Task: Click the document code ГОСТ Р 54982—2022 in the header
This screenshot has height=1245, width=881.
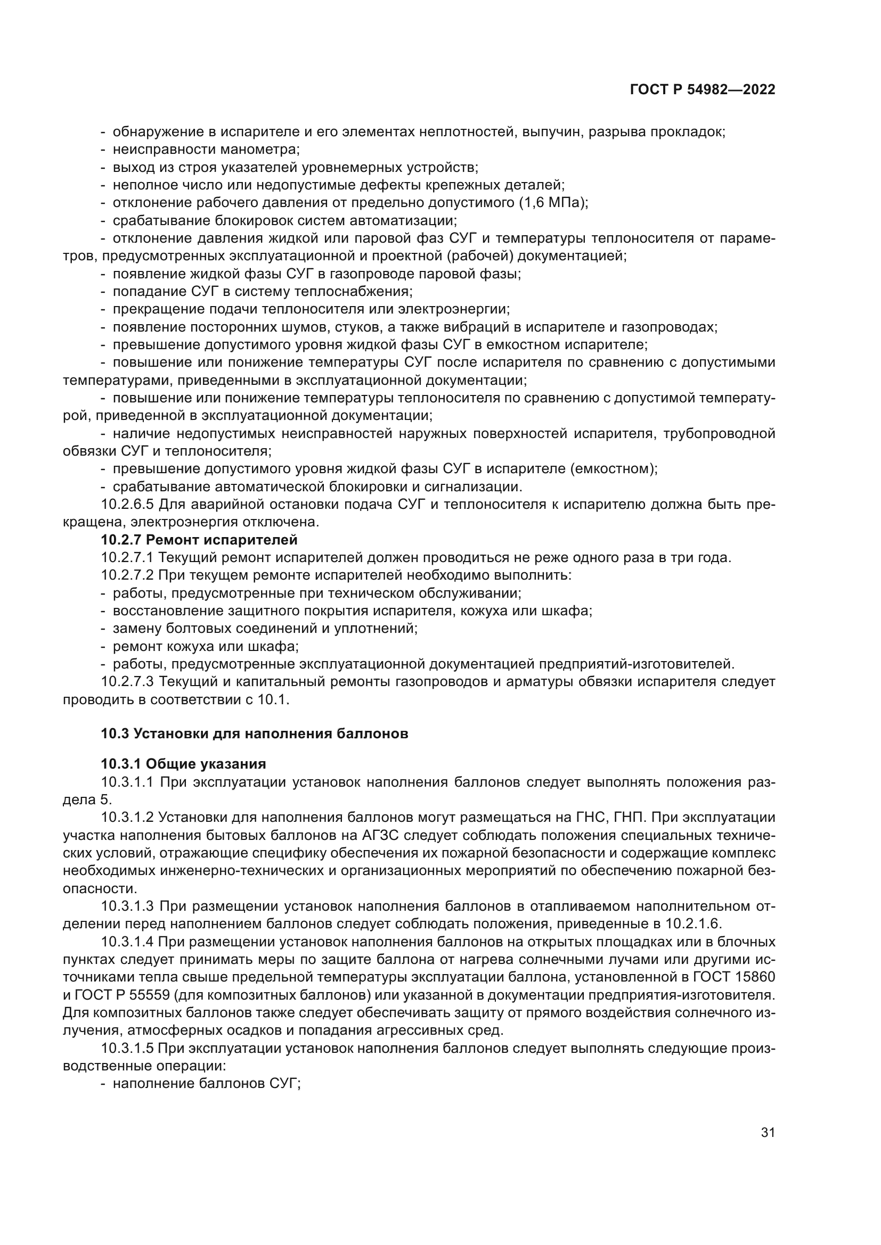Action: click(x=703, y=90)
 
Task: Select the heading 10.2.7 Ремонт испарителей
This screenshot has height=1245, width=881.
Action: click(x=199, y=540)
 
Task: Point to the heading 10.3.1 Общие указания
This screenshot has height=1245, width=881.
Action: click(x=183, y=764)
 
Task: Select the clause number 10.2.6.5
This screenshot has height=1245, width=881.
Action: click(x=127, y=504)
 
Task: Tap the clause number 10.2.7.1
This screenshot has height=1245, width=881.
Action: click(x=127, y=557)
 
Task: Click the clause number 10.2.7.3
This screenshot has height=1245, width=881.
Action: click(x=127, y=682)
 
